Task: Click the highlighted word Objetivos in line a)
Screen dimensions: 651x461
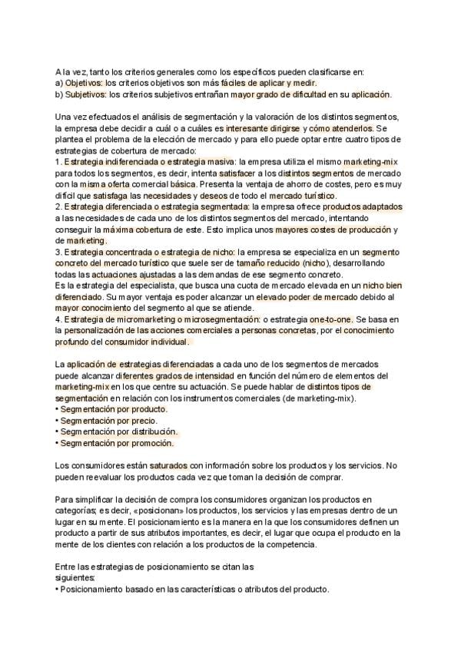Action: (x=83, y=83)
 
